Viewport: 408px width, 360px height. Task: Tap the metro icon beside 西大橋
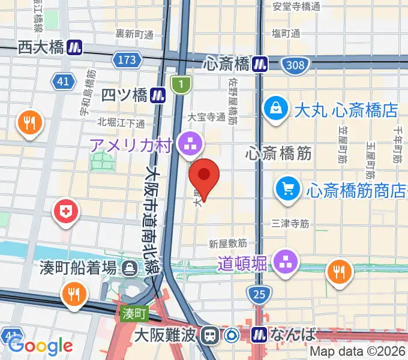tap(74, 47)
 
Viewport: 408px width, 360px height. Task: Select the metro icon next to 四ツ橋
tap(158, 94)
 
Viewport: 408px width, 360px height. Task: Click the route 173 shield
tap(127, 60)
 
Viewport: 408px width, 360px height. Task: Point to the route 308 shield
tap(296, 65)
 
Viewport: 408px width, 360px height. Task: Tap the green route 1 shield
tap(178, 85)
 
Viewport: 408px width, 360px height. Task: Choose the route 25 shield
tap(258, 294)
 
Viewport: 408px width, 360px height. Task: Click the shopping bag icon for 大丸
tap(275, 109)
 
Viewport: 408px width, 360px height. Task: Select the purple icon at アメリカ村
tap(191, 143)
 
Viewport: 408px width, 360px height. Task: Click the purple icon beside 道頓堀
tap(284, 260)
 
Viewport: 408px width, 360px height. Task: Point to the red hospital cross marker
tap(65, 211)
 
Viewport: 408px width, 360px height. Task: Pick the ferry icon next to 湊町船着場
tap(129, 268)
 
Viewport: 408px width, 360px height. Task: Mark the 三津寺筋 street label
tap(290, 223)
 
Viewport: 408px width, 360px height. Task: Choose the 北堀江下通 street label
tap(121, 123)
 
